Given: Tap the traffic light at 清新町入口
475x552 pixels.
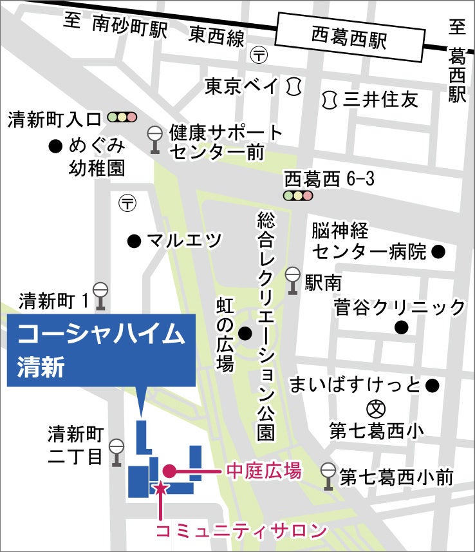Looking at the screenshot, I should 122,117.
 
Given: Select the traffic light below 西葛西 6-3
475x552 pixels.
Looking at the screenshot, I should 298,195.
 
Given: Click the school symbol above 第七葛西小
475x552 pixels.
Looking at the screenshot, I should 376,408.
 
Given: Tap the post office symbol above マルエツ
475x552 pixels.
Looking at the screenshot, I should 128,204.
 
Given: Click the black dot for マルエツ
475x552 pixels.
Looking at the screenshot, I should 134,242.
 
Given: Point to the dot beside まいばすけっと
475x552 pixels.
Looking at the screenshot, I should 432,386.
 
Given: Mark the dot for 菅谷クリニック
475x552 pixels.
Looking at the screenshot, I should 402,327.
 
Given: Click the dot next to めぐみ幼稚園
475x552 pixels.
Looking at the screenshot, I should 56,146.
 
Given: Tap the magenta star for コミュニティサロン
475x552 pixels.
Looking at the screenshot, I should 160,488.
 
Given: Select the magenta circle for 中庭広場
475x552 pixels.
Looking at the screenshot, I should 169,471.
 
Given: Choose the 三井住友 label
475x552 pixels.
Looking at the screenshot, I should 380,100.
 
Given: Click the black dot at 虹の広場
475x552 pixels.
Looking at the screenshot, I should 245,334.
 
